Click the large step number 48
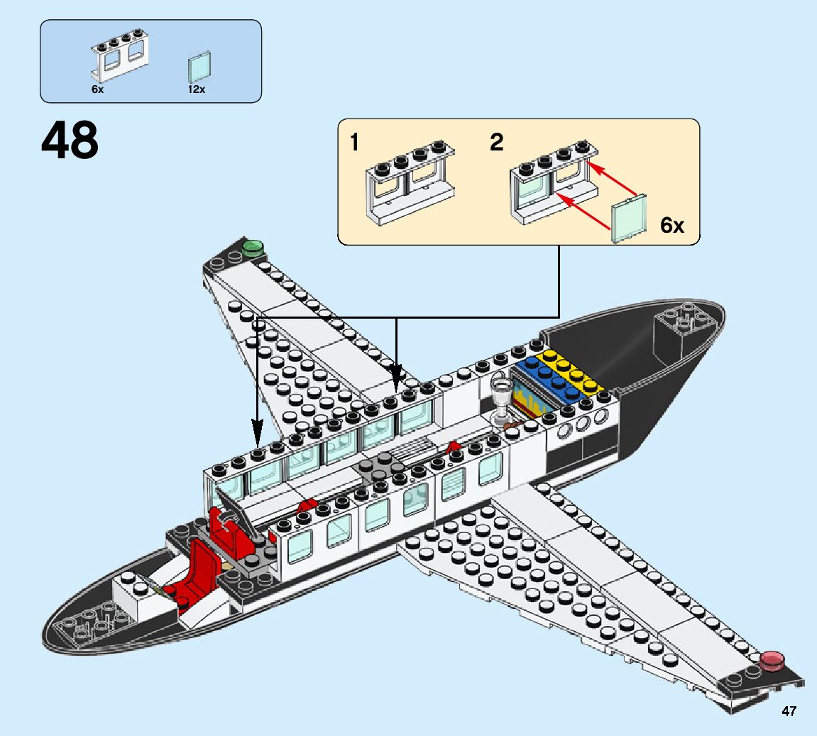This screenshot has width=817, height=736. click(x=70, y=141)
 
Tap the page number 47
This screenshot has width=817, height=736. click(x=789, y=711)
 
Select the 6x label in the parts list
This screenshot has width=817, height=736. click(x=97, y=90)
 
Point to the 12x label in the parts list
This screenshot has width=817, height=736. click(x=197, y=90)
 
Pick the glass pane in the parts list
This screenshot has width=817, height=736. click(x=199, y=68)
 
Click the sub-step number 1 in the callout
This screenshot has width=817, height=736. click(x=354, y=143)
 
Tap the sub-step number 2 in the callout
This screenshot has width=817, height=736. click(x=496, y=143)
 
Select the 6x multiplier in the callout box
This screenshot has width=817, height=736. click(x=671, y=226)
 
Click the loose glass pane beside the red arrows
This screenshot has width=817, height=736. click(x=629, y=219)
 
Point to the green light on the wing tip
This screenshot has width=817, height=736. click(x=252, y=248)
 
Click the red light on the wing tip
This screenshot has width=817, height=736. click(x=772, y=661)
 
